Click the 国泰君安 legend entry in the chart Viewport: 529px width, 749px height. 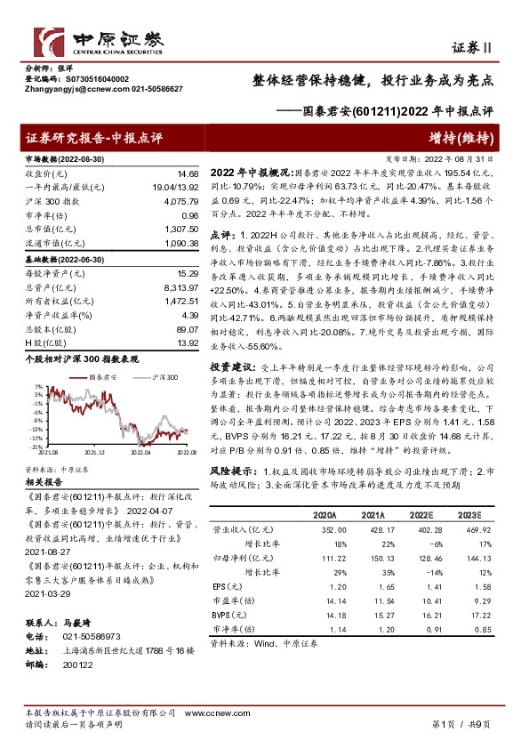click(101, 378)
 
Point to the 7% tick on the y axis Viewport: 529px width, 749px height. click(36, 387)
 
